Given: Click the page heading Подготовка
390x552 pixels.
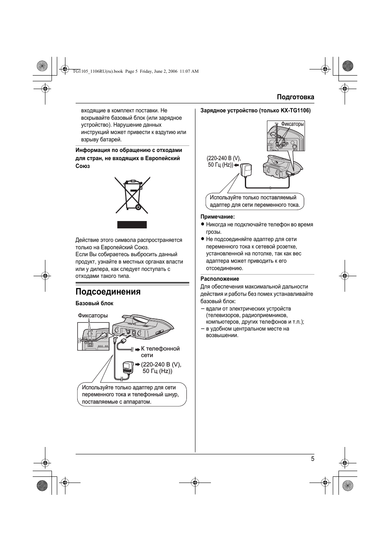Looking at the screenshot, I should point(295,97).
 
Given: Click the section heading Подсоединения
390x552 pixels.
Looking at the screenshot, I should point(108,292).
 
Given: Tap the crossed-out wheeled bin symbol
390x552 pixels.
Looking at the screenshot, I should point(132,195).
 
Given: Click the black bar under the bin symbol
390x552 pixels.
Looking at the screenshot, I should point(132,225).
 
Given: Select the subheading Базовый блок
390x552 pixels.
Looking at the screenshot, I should point(94,304).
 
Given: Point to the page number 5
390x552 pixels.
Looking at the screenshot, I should point(312,459).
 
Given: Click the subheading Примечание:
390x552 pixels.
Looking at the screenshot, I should point(217,217).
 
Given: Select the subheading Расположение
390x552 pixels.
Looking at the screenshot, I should point(220,279).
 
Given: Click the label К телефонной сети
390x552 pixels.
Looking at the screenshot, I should point(160,352).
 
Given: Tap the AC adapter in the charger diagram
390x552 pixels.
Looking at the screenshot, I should point(247,170).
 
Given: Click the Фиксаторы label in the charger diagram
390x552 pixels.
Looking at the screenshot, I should point(292,124).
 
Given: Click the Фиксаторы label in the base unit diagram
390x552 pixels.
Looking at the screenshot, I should point(93,315).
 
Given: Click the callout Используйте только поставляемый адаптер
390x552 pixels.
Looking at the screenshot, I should point(255,201).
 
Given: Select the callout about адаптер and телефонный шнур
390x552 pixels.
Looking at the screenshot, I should point(132,395).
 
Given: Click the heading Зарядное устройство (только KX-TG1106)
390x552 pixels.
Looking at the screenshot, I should point(255,111).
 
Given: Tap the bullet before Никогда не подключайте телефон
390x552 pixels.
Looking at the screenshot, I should point(202,225).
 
